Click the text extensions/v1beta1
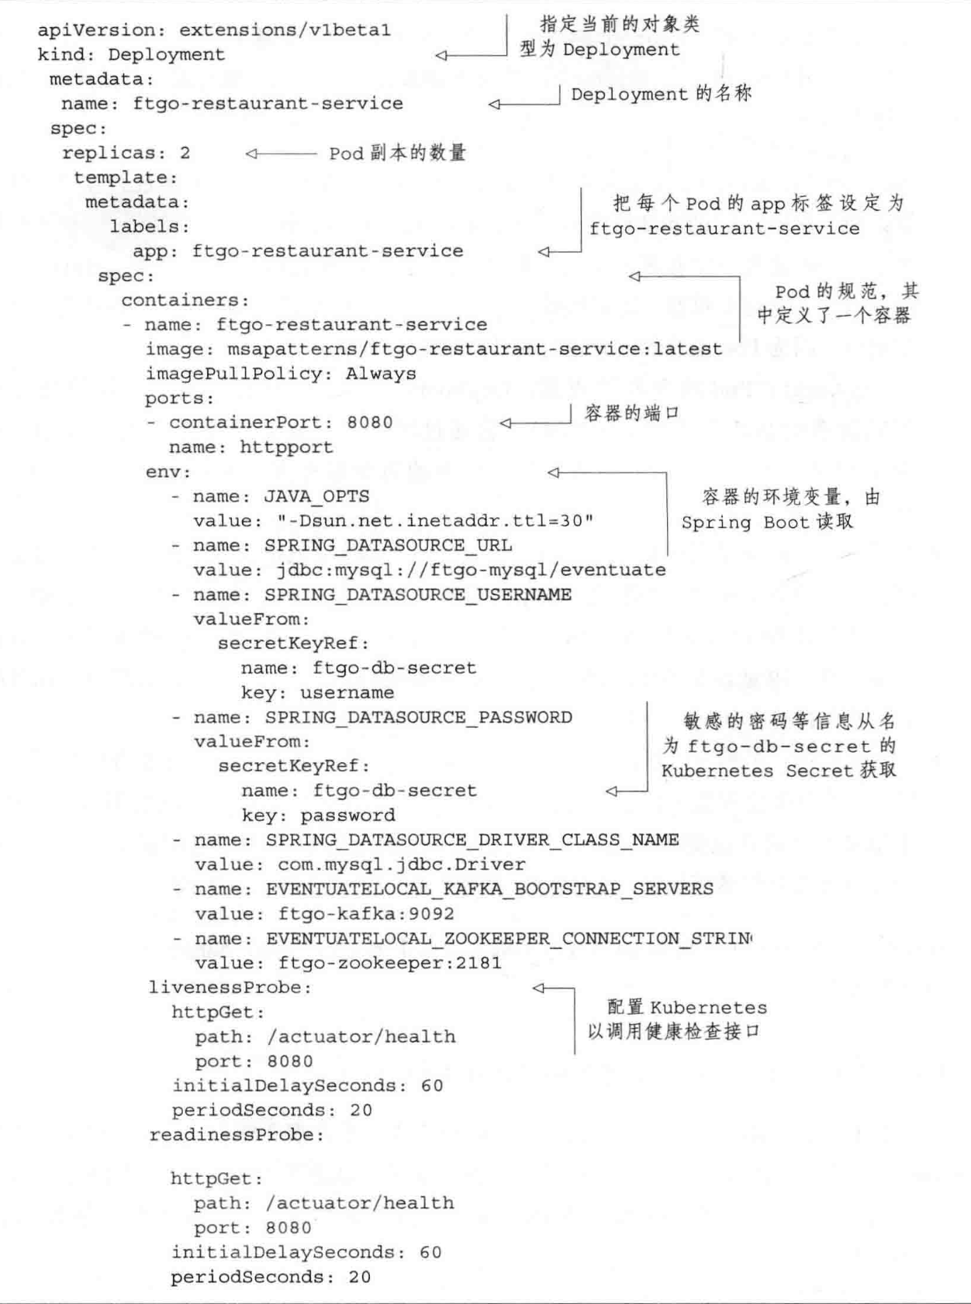285,30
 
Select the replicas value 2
185,153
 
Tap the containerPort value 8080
370,423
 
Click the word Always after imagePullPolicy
381,374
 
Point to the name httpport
286,447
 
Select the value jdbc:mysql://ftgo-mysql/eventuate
471,570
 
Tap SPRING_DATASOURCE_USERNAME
418,595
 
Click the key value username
347,692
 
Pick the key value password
347,815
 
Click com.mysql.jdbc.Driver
402,864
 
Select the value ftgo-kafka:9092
366,913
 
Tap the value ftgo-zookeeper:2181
390,963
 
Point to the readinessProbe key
236,1135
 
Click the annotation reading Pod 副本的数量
397,153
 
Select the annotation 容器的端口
631,413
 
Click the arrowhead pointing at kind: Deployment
441,55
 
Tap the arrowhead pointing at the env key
553,472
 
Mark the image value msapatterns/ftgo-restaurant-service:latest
474,349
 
